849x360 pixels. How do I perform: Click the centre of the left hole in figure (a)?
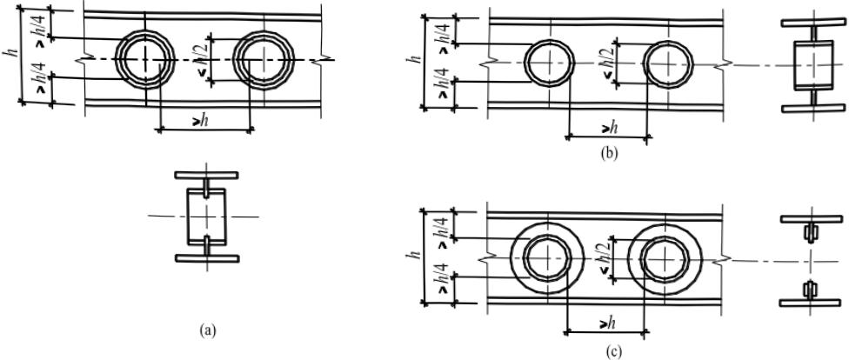[145, 59]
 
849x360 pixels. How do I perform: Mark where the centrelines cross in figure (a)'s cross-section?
[206, 217]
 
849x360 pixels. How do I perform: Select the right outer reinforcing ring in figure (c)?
[666, 259]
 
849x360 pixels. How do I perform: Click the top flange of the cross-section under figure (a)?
[206, 175]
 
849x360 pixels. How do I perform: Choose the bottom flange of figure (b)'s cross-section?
[813, 108]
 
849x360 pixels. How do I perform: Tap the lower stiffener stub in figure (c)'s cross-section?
[810, 290]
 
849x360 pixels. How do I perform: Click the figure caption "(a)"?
[207, 330]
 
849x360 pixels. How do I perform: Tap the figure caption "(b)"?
[609, 153]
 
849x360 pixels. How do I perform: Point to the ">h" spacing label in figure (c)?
[606, 323]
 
